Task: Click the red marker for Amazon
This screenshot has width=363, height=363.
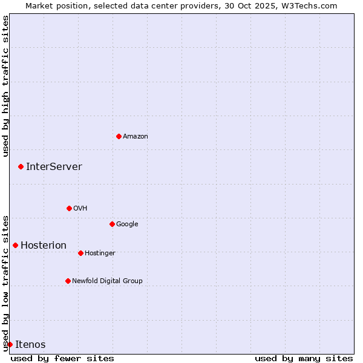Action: [119, 136]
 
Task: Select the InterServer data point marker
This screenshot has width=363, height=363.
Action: [21, 166]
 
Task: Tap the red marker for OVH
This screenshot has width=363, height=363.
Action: [69, 208]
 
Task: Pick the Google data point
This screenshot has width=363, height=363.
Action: [112, 224]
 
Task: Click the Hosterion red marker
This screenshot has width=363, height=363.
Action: [15, 245]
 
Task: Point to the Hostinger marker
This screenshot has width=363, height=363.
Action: [80, 253]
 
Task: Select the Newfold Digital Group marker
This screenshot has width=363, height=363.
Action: [68, 281]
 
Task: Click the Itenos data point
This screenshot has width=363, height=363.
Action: [10, 344]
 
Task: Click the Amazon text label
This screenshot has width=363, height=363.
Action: [136, 137]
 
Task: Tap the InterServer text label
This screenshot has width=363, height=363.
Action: [54, 167]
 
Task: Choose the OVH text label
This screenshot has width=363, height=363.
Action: [80, 209]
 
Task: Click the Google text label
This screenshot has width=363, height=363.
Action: [127, 224]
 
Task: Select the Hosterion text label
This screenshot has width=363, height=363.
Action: [44, 246]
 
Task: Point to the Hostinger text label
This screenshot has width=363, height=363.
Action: [100, 253]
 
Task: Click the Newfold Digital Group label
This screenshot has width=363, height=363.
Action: [107, 281]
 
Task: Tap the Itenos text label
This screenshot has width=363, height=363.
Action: [30, 345]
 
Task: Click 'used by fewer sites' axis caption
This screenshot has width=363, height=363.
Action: [62, 358]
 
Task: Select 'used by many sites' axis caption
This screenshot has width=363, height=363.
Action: [304, 358]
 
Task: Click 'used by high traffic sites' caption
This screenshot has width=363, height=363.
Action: [5, 86]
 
